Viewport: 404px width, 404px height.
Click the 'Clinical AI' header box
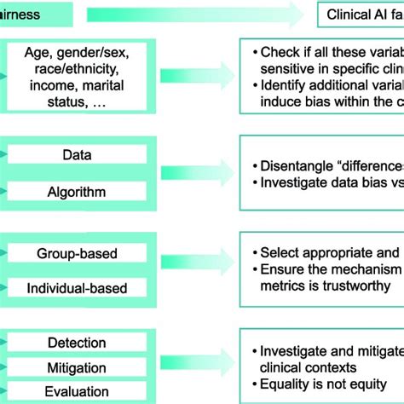pyautogui.click(x=359, y=14)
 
